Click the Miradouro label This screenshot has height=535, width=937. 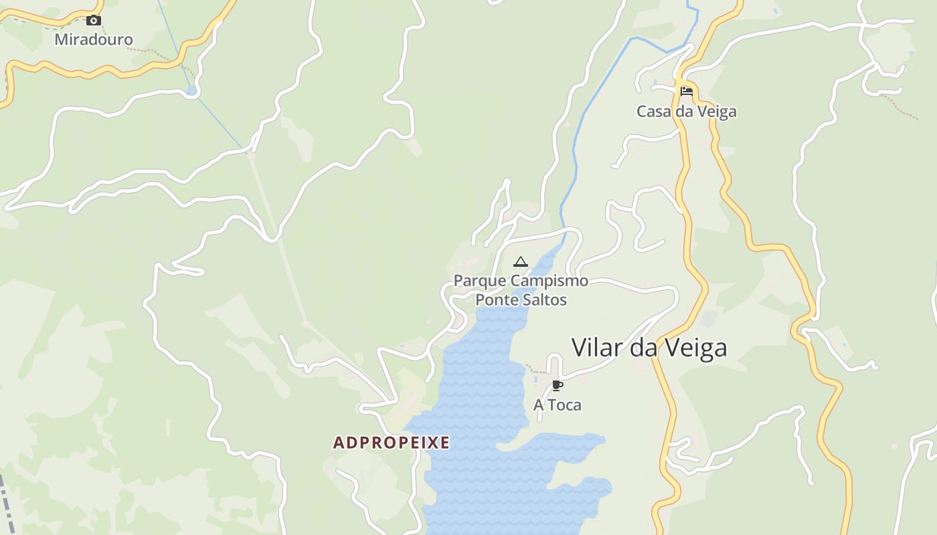94,39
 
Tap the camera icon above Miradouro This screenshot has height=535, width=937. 94,21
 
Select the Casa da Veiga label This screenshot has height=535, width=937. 686,112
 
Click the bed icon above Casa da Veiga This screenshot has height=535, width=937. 686,92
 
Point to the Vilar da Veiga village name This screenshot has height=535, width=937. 649,348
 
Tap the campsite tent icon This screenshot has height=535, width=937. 520,261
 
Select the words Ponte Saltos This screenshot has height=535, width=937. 521,300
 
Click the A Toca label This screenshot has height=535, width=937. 557,405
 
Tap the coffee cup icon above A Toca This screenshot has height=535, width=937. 557,385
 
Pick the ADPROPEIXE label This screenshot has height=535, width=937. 392,443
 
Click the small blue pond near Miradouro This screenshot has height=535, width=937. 192,90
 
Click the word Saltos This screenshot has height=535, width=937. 545,300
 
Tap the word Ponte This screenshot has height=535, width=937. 497,300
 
